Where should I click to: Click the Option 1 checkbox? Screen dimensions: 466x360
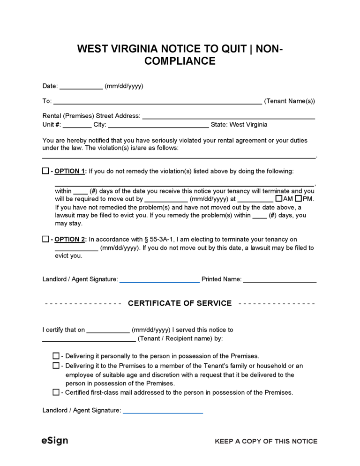45,171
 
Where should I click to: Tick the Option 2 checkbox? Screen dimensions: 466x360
45,239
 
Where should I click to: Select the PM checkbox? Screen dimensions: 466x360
298,198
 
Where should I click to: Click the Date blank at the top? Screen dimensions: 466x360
81,87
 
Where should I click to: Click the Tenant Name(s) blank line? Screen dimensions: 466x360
157,102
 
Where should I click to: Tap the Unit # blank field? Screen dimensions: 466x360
77,125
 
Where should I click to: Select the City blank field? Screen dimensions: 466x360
158,125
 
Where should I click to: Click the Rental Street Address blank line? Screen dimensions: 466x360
228,116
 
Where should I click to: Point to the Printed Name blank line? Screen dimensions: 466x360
280,280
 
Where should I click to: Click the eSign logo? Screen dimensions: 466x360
55,441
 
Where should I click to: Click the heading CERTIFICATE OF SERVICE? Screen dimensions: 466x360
180,303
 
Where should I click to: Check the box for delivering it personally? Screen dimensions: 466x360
56,356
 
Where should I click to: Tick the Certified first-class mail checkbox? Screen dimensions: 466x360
56,392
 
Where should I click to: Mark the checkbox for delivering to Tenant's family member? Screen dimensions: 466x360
56,366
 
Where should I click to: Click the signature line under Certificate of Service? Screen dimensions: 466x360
163,411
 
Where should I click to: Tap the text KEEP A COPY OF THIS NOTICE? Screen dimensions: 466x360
266,441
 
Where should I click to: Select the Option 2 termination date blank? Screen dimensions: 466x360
76,248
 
